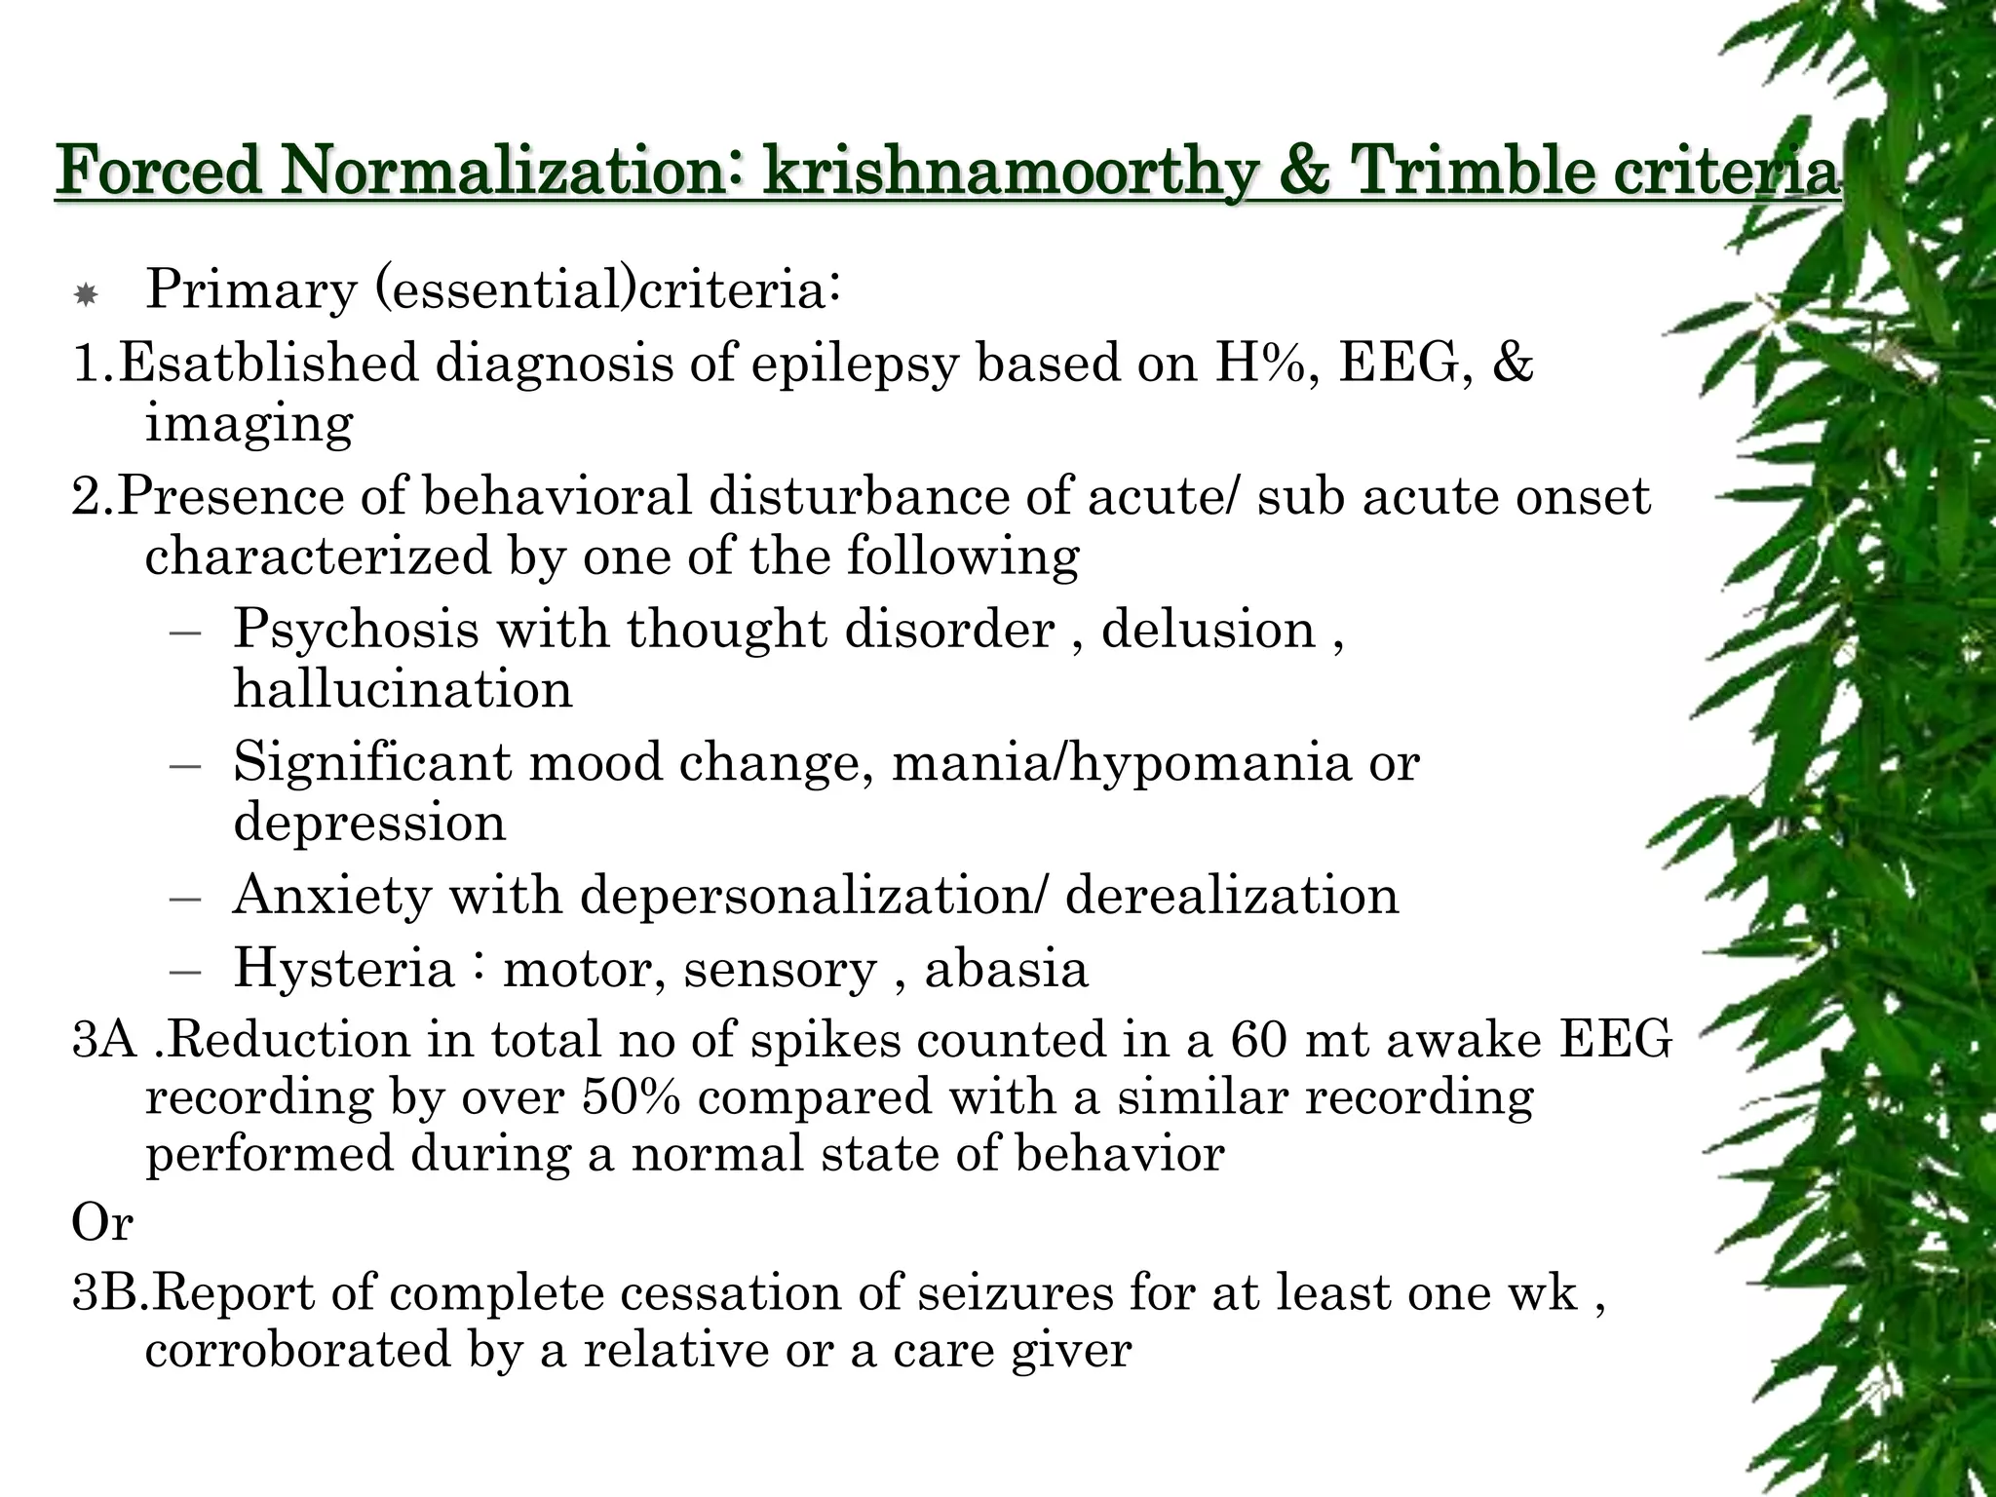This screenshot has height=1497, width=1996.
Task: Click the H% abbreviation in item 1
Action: (x=1267, y=363)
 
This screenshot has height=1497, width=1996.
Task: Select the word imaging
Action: (x=249, y=423)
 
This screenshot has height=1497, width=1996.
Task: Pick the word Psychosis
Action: (x=356, y=629)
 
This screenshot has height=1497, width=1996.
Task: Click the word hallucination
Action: (x=403, y=689)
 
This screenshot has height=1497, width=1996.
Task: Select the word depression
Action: (x=369, y=823)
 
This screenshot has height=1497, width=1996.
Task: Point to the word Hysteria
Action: (x=343, y=968)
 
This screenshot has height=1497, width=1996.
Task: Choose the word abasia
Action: (x=1006, y=968)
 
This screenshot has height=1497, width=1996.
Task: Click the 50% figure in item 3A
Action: (x=631, y=1097)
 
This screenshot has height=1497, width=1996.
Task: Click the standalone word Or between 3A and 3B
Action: (x=101, y=1222)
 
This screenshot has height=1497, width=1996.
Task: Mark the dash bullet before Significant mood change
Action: (x=184, y=764)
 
